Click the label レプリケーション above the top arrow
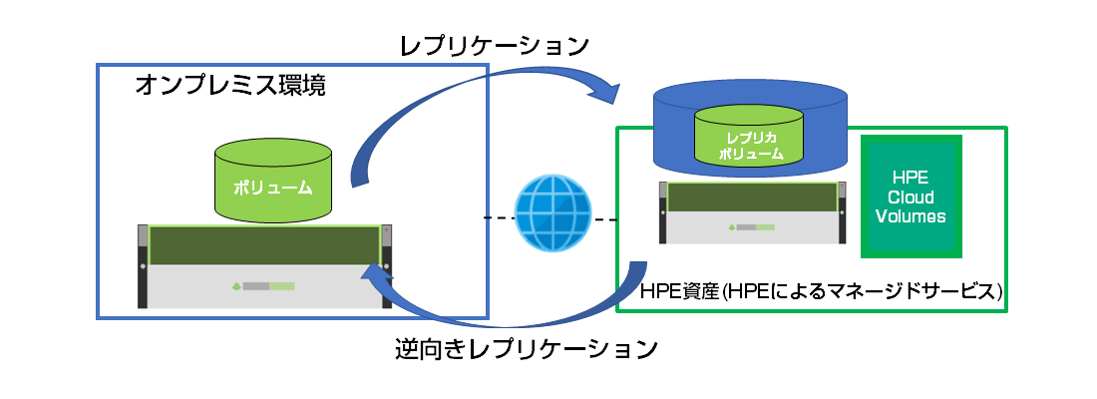point(494,46)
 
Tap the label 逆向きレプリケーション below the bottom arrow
point(527,350)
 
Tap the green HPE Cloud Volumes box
point(910,196)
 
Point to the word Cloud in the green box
point(910,197)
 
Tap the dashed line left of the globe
point(498,216)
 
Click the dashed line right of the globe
point(601,217)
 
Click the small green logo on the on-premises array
point(235,286)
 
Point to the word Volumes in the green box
point(910,215)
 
